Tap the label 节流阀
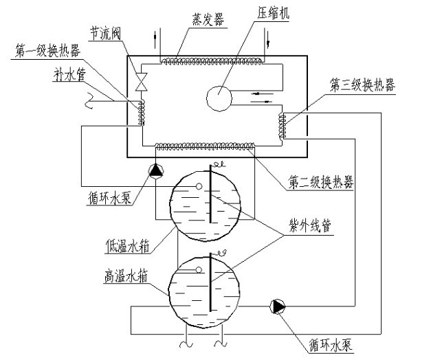107,32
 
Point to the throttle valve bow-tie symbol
142,80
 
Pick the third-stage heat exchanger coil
281,126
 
